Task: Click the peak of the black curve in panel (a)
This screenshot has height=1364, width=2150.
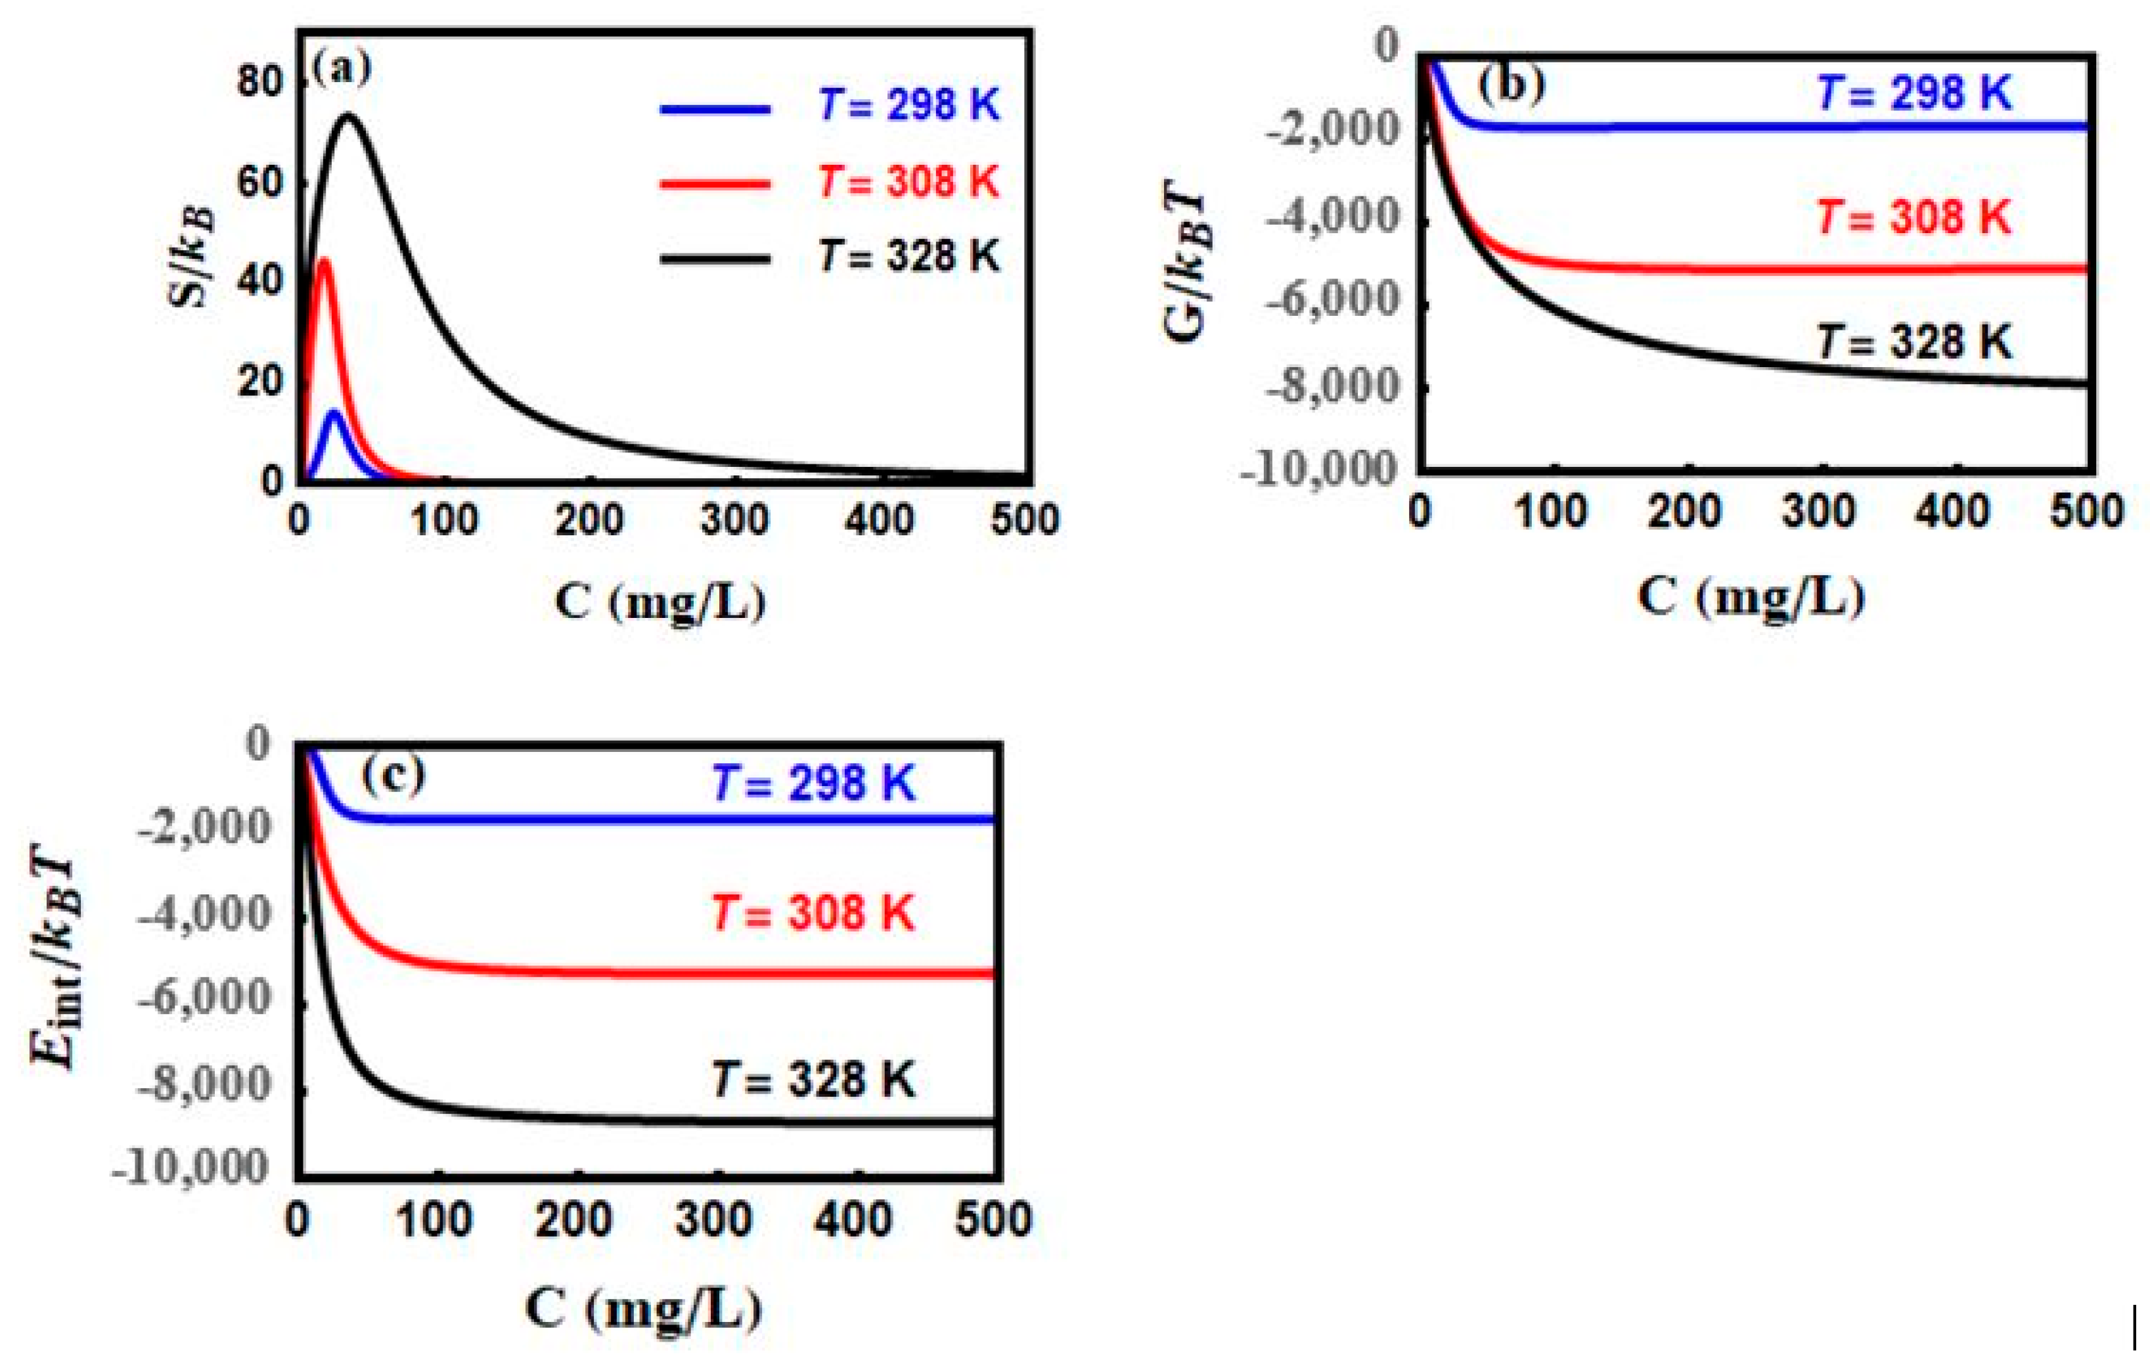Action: pyautogui.click(x=348, y=115)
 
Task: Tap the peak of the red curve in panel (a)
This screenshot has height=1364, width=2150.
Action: pyautogui.click(x=324, y=261)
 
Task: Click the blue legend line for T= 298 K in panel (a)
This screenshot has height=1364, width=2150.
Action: pyautogui.click(x=714, y=110)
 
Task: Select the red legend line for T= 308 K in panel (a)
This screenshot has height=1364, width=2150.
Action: pyautogui.click(x=714, y=184)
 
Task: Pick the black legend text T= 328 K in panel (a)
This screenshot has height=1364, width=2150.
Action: pyautogui.click(x=909, y=257)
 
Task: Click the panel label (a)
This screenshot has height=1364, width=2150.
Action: pyautogui.click(x=341, y=68)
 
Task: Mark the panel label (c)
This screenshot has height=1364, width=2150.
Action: pyautogui.click(x=393, y=774)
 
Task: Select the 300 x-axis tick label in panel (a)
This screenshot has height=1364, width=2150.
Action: pyautogui.click(x=734, y=520)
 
